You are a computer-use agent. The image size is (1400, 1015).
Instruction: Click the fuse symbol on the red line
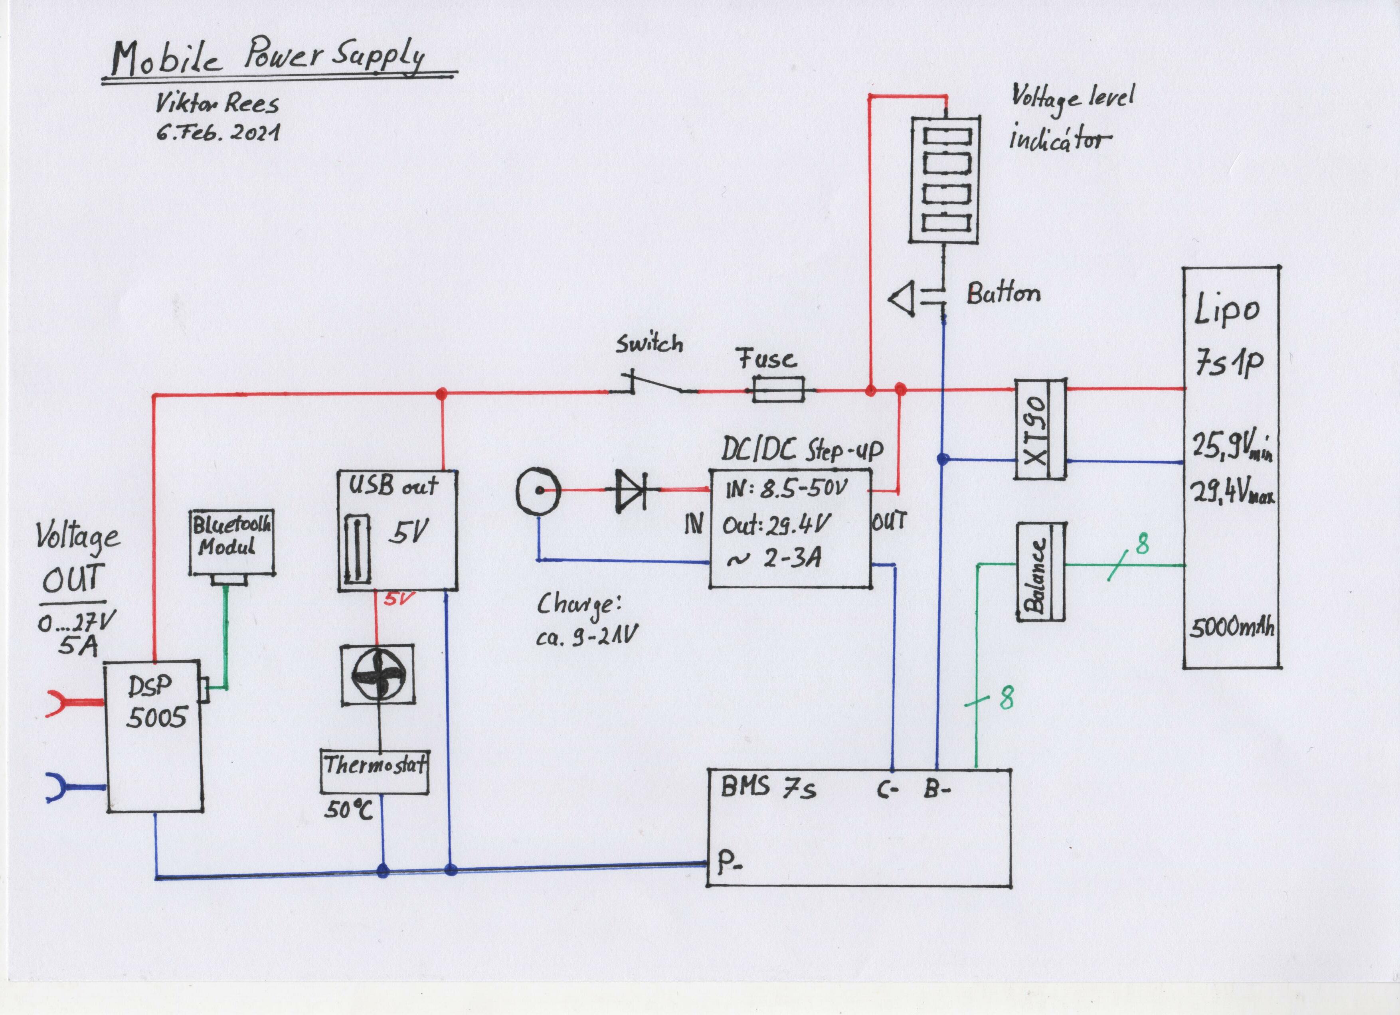click(778, 389)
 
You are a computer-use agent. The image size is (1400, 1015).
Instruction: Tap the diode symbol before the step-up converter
click(630, 490)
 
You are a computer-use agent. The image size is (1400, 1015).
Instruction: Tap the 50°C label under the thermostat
click(349, 810)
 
